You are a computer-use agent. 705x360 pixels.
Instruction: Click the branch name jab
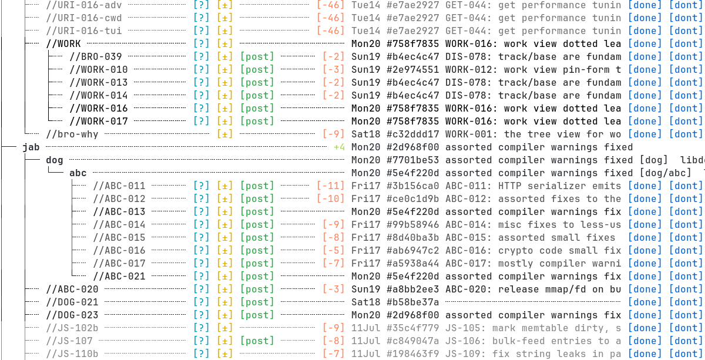31,147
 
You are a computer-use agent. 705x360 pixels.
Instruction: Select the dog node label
55,160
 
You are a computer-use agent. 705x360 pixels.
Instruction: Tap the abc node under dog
78,173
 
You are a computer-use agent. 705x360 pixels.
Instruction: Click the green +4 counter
340,147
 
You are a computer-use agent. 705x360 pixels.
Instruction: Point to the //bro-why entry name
72,134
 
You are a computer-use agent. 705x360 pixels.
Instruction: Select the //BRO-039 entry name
96,56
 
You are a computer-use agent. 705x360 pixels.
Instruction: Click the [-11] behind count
330,186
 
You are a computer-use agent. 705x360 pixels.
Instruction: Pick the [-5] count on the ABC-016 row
334,251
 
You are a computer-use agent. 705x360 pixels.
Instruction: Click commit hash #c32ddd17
412,134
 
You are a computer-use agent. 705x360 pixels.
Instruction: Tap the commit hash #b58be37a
412,302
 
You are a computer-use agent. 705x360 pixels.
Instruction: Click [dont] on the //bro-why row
686,134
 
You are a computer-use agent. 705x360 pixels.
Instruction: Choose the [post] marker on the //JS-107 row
257,341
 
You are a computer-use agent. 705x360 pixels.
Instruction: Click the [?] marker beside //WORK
202,43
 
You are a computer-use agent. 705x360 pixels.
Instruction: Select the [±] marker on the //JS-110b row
224,354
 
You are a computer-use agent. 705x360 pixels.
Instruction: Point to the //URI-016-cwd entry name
83,18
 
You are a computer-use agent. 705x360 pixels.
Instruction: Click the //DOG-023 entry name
72,315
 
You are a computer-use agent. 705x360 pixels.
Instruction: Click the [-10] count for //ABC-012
330,199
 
